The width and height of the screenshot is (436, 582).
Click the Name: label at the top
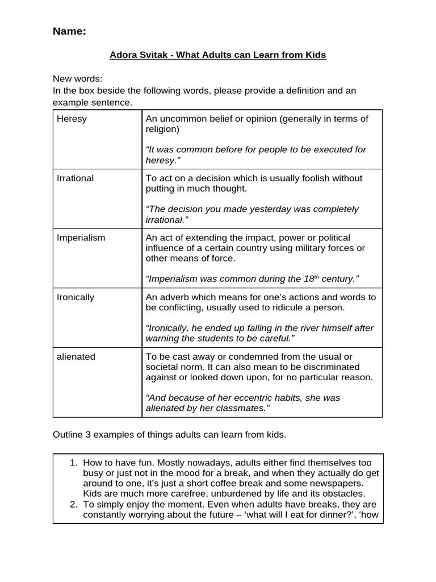(x=69, y=32)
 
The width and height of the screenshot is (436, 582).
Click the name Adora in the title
(x=121, y=55)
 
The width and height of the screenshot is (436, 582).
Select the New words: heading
(x=78, y=79)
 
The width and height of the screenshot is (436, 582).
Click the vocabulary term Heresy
(x=72, y=119)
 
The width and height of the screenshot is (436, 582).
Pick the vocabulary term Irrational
(x=76, y=178)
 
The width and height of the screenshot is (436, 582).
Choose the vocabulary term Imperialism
(x=81, y=238)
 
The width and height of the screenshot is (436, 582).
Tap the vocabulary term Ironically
(x=76, y=297)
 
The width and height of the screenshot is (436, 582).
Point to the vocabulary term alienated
(x=76, y=356)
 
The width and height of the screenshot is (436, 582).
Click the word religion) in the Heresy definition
(x=162, y=129)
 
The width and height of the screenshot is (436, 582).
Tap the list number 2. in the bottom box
(x=73, y=504)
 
